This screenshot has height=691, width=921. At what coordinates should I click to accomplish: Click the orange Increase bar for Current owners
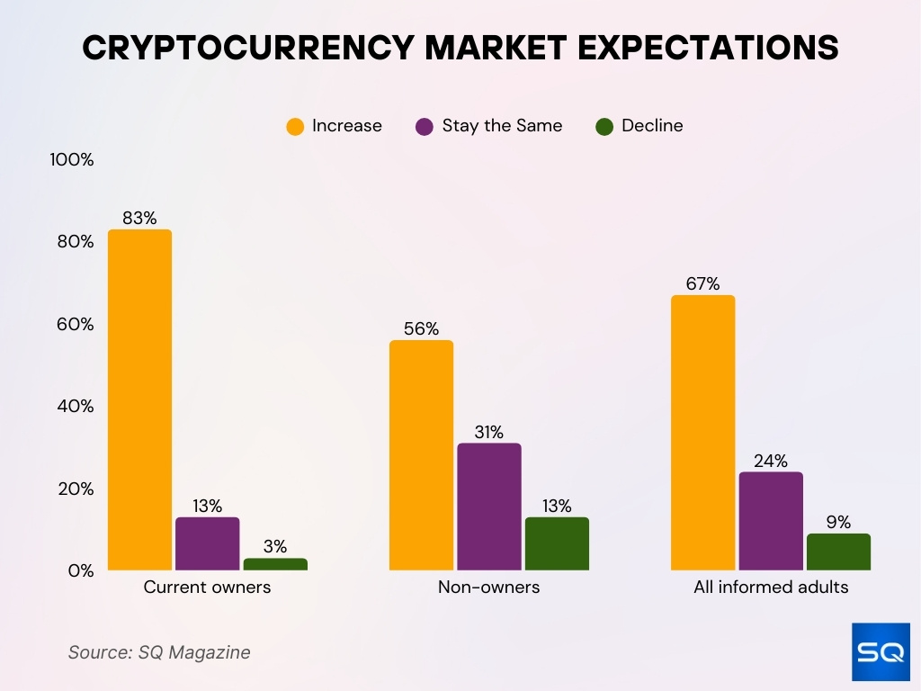pyautogui.click(x=139, y=400)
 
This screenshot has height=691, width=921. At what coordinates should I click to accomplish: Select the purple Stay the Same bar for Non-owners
pyautogui.click(x=488, y=507)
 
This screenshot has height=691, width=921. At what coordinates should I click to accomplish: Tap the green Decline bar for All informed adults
pyautogui.click(x=838, y=552)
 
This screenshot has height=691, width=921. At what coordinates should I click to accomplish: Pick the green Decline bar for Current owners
pyautogui.click(x=275, y=564)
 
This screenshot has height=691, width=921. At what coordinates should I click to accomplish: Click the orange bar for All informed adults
pyautogui.click(x=702, y=433)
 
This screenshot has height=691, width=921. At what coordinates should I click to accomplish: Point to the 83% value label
pyautogui.click(x=139, y=218)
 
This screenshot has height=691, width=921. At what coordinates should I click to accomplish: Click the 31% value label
pyautogui.click(x=488, y=432)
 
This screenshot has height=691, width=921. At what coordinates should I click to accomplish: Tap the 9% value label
pyautogui.click(x=838, y=522)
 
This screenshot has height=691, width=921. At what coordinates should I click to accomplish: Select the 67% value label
pyautogui.click(x=702, y=283)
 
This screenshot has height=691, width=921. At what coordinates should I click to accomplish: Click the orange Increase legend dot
pyautogui.click(x=295, y=127)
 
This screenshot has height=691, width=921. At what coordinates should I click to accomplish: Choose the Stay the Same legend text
pyautogui.click(x=502, y=126)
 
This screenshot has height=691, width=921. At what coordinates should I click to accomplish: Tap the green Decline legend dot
pyautogui.click(x=604, y=127)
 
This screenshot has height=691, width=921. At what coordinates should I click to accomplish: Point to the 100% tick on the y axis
pyautogui.click(x=72, y=160)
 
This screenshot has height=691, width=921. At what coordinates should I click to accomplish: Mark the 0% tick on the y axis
pyautogui.click(x=79, y=570)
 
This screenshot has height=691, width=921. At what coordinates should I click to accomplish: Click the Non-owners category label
pyautogui.click(x=488, y=588)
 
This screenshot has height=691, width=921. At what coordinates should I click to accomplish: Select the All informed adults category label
pyautogui.click(x=771, y=588)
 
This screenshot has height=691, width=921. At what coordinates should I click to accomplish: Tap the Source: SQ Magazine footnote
pyautogui.click(x=159, y=652)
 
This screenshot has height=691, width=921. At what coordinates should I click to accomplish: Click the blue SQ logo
pyautogui.click(x=881, y=652)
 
